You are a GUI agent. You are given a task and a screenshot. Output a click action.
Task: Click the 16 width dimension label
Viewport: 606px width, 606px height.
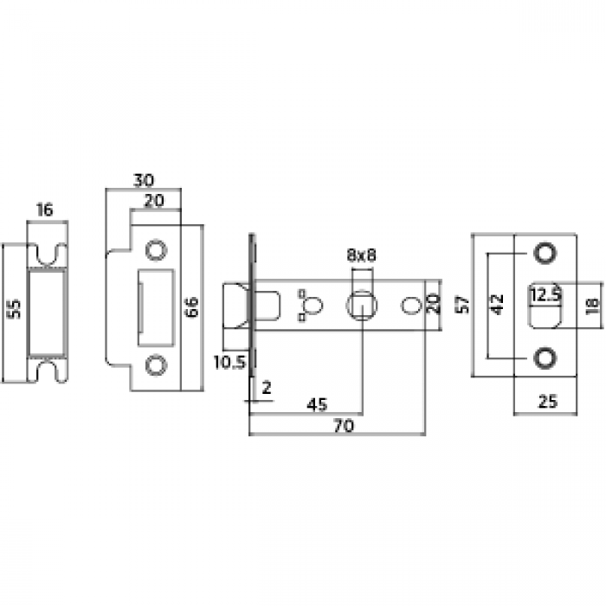pos(45,210)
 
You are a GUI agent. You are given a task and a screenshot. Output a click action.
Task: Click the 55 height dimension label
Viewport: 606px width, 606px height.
pos(13,311)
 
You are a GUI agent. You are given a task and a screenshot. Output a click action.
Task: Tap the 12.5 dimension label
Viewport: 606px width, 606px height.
pos(546,293)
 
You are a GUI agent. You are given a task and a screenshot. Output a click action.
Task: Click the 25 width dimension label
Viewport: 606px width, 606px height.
pos(546,402)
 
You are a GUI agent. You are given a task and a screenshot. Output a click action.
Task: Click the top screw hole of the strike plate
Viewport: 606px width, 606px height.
pos(156,248)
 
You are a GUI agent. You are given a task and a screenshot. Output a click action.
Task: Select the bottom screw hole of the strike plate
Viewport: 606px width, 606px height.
pos(156,365)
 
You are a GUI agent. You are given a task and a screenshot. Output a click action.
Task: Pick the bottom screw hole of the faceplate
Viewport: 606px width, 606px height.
pos(545,357)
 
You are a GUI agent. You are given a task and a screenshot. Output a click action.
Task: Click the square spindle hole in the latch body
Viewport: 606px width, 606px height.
pos(360,305)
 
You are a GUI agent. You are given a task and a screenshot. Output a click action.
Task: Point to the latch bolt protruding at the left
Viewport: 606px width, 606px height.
pos(235,305)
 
